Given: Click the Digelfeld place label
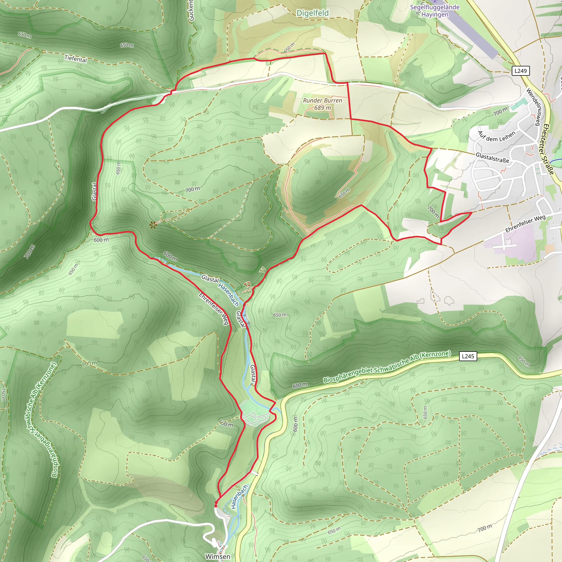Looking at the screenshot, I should coord(312,13).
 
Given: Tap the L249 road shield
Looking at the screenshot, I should coord(520,71).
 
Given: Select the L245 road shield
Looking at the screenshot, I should coord(468,356).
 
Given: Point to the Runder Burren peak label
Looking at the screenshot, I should coord(322,100).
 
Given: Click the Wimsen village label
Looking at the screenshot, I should coord(218,556).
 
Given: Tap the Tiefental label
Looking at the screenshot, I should coord(76,59).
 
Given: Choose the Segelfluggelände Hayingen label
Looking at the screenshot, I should coord(435,11).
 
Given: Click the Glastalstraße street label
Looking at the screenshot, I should coord(492,158).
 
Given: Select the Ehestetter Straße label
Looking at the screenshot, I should coord(548,149).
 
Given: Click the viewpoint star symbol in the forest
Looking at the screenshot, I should coord(153,224).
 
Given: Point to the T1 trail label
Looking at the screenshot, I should coord(263,270).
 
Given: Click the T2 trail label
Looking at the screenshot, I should coord(247,284).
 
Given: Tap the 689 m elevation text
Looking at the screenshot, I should coord(322,108).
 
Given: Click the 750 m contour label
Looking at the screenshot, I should coord(3,394).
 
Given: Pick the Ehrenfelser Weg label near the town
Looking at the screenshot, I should coord(525,224).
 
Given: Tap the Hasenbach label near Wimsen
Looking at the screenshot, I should coord(239,496).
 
